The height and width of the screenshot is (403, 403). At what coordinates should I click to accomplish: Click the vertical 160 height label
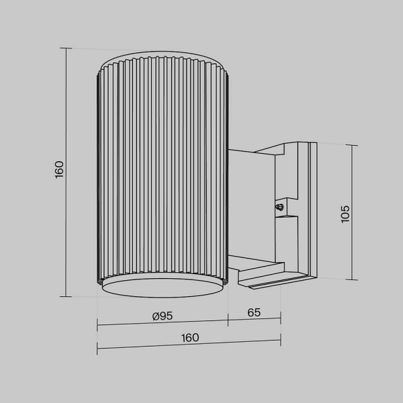click(x=59, y=169)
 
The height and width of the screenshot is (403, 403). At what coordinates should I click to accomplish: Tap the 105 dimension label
click(x=345, y=213)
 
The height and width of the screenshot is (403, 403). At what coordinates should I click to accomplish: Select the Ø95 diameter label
click(x=163, y=314)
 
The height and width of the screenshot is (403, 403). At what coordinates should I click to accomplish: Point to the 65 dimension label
click(x=254, y=313)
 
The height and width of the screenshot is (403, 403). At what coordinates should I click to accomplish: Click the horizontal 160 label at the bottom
click(x=190, y=338)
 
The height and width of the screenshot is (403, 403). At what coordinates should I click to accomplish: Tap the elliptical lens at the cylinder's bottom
click(x=163, y=287)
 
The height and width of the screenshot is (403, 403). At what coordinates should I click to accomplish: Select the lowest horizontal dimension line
click(x=190, y=347)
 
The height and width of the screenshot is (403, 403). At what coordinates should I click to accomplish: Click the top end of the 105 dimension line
click(x=353, y=144)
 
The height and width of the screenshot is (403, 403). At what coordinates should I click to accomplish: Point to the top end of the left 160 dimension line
click(x=66, y=48)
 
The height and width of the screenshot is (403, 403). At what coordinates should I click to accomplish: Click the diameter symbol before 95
click(x=155, y=314)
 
